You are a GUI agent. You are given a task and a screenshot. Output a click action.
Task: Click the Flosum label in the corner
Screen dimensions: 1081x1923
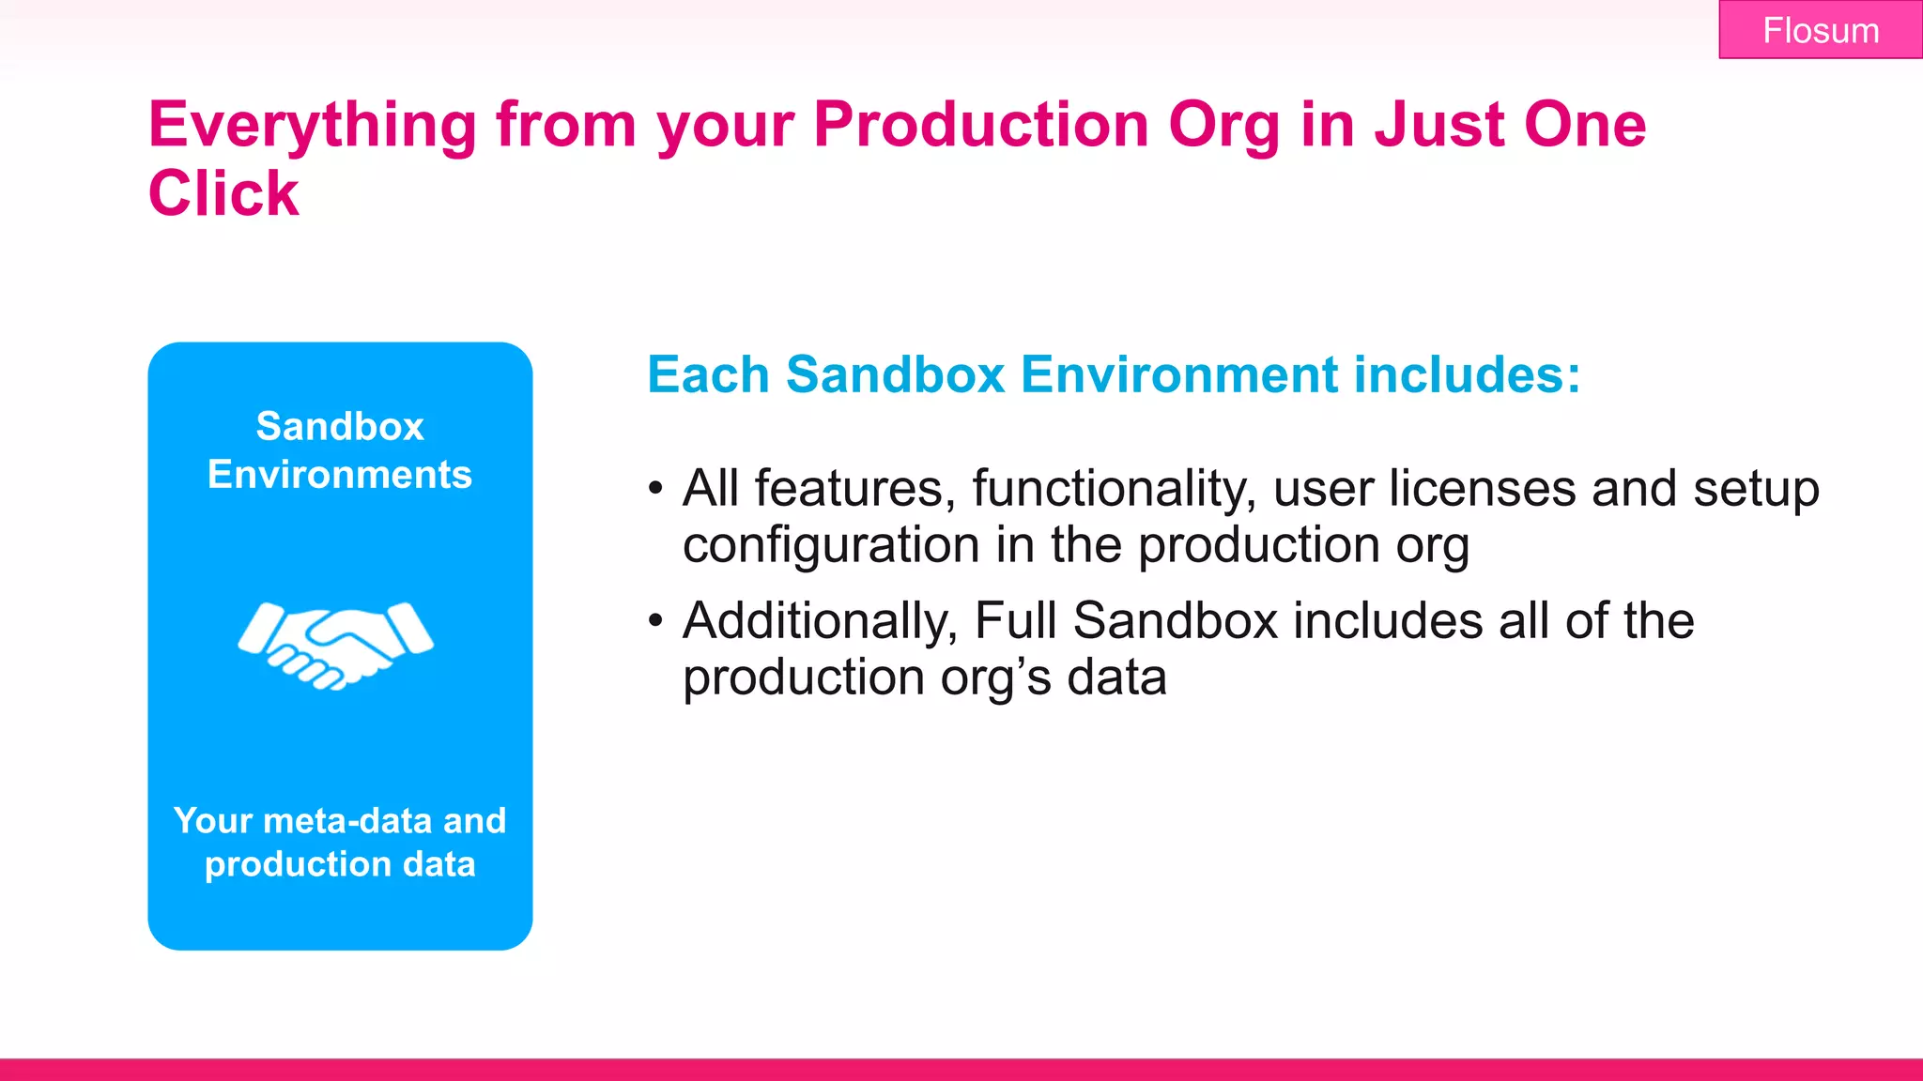pyautogui.click(x=1820, y=31)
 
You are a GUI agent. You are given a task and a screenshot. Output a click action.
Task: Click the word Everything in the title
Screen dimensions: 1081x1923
pyautogui.click(x=313, y=125)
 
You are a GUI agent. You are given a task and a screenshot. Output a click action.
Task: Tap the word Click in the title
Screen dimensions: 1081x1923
pyautogui.click(x=223, y=193)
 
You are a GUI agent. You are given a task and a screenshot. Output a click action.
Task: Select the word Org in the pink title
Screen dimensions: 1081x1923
pyautogui.click(x=1223, y=125)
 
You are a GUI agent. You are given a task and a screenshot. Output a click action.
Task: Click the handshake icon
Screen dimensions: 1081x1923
pyautogui.click(x=336, y=646)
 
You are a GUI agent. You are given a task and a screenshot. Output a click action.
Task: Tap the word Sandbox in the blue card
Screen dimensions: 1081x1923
pyautogui.click(x=340, y=427)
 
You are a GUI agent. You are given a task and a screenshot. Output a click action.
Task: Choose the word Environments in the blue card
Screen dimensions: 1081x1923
pyautogui.click(x=340, y=475)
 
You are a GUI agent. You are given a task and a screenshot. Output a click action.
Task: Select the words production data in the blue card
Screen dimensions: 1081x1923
pyautogui.click(x=340, y=864)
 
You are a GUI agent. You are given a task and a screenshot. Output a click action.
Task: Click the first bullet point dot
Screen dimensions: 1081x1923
pyautogui.click(x=655, y=489)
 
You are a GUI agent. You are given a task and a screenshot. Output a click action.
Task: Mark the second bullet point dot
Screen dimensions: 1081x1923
pyautogui.click(x=655, y=621)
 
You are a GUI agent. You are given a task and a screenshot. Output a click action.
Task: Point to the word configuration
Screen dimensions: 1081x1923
pyautogui.click(x=831, y=545)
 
